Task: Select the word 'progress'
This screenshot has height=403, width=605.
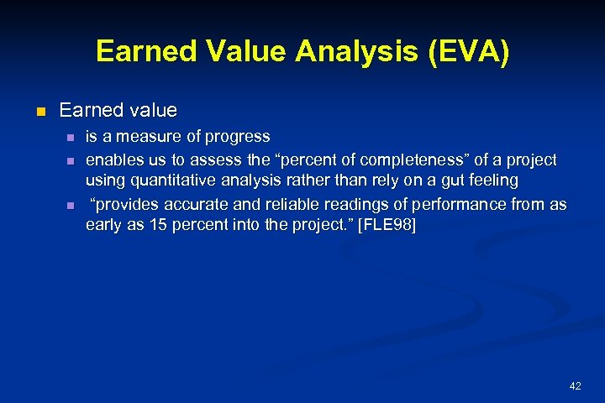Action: coord(240,136)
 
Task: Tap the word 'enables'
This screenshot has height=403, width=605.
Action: coord(113,160)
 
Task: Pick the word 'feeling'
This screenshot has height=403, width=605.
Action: coord(493,181)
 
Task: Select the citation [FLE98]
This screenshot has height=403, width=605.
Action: coord(387,227)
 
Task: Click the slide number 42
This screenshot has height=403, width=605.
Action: coord(575,386)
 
